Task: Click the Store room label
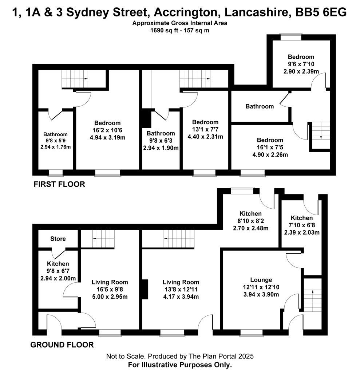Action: point(58,239)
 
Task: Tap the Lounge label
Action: point(261,280)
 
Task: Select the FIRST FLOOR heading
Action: point(59,184)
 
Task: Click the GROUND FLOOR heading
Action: point(62,345)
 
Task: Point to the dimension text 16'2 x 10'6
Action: point(107,130)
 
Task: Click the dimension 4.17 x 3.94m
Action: point(181,297)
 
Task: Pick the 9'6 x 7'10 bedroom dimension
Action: point(301,64)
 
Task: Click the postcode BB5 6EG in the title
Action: point(321,12)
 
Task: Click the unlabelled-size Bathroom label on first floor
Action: point(260,106)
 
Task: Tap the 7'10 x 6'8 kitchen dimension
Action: point(302,225)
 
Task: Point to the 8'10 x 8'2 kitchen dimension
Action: point(251,221)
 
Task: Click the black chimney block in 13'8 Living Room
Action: point(145,289)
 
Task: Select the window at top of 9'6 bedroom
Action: point(291,38)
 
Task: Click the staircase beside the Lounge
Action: point(313,295)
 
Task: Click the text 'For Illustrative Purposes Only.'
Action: point(180,365)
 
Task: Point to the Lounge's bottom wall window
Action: point(252,333)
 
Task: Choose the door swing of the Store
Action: point(59,254)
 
